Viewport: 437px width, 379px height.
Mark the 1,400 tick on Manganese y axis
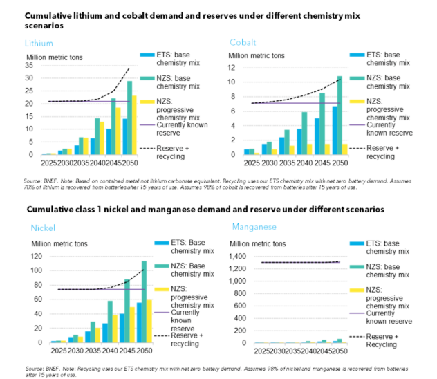[x=239, y=256]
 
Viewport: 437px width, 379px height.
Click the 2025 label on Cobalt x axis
[x=251, y=163]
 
